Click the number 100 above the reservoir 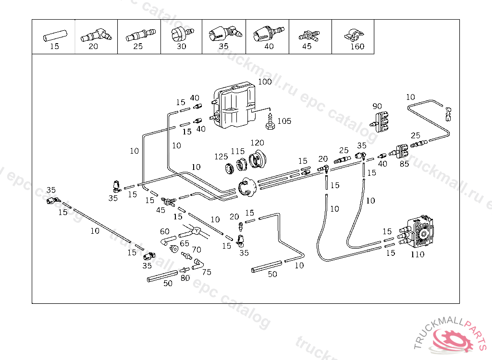265,82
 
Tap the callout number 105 284,121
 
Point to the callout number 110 418,254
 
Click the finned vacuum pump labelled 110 419,233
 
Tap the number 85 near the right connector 404,164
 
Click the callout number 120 257,143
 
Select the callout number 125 221,156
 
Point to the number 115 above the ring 237,151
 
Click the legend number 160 357,47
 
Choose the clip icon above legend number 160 354,35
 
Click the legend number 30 181,47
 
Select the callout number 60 165,232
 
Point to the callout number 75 207,272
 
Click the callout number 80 185,277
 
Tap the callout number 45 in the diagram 160,210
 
